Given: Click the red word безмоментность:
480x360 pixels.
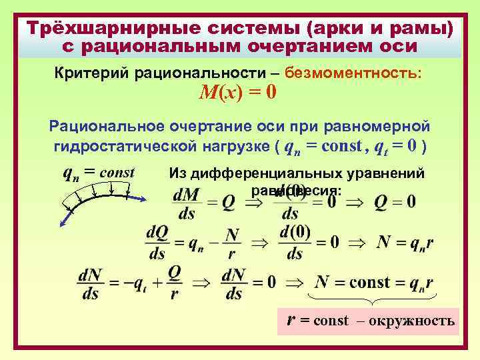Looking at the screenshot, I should [361, 72].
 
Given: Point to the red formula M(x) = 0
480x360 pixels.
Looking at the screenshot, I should [238, 93].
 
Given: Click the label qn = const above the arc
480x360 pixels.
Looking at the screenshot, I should [99, 173].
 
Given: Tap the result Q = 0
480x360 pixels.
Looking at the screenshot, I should [395, 201].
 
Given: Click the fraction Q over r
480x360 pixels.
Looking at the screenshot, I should [174, 283].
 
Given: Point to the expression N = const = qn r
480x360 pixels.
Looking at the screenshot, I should [374, 282].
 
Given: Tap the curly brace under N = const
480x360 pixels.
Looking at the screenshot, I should [373, 299].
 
